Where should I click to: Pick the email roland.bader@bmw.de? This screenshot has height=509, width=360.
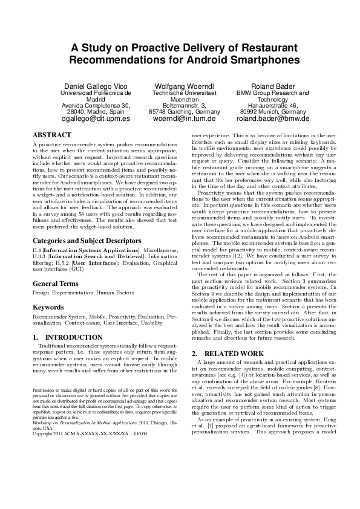[272, 119]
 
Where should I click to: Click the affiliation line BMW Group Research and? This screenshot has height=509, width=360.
[272, 93]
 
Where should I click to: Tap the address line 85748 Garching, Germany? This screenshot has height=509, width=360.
[185, 112]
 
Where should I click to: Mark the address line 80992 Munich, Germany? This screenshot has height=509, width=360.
[272, 112]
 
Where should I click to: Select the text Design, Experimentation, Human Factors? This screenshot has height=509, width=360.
[74, 293]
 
